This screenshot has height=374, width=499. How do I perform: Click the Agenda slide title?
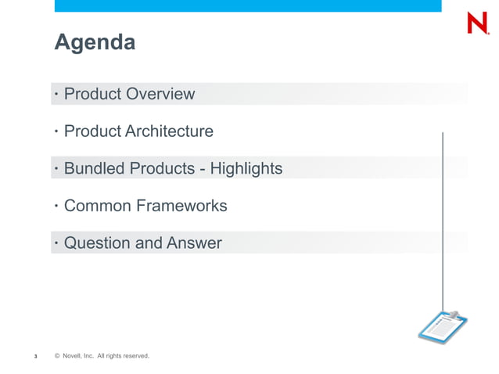[94, 42]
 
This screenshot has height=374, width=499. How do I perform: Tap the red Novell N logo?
[478, 24]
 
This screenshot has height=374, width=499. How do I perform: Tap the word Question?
[97, 243]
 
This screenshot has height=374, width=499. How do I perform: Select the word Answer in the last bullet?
[193, 243]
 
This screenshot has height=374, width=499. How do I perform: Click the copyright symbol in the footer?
[57, 357]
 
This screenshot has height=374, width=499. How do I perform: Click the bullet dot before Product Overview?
[56, 95]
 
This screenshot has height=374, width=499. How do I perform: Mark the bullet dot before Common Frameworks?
[56, 207]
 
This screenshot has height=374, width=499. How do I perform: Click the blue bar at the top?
[248, 5]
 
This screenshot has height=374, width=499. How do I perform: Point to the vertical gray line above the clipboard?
[443, 219]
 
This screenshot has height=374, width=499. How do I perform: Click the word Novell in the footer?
[72, 357]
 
